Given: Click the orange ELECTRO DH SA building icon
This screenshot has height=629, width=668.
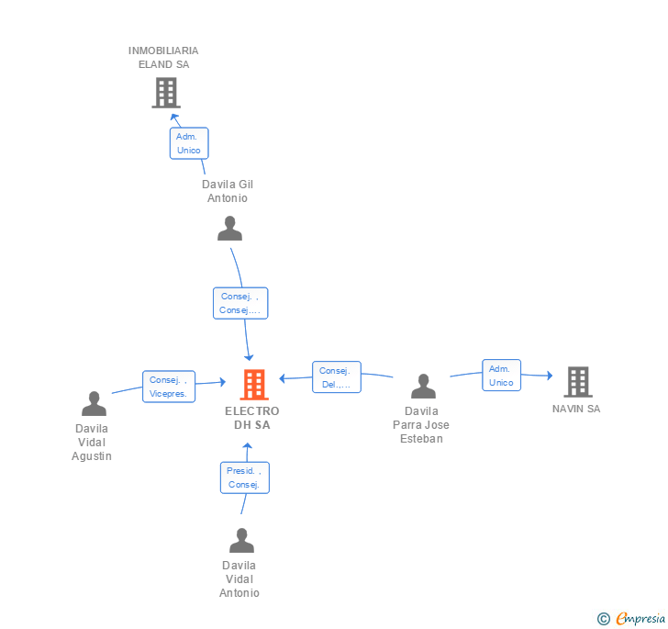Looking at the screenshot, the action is (x=254, y=384).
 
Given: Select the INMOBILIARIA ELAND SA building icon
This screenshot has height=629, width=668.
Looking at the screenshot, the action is (x=166, y=93).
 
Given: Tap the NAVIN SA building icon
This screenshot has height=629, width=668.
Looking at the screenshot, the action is (x=578, y=382).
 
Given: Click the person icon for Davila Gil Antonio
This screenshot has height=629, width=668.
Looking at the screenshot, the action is (x=229, y=228).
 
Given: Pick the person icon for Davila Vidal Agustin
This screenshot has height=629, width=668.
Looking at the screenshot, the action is (x=94, y=403).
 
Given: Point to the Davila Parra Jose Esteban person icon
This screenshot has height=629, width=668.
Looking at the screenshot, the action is (x=423, y=386).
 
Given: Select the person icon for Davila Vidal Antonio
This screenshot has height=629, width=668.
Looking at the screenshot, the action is (x=241, y=540).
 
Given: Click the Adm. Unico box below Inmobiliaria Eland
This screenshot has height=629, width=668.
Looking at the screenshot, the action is (x=189, y=143).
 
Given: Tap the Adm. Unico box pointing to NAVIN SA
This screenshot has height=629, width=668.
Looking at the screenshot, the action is (x=501, y=376).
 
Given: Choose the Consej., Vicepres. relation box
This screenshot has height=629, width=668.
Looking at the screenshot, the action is (x=169, y=387).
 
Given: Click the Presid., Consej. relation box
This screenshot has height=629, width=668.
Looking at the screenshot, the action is (x=244, y=477).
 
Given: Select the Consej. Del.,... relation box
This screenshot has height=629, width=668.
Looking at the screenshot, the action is (x=337, y=377).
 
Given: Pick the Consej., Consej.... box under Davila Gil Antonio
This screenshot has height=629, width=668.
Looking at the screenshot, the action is (x=240, y=303).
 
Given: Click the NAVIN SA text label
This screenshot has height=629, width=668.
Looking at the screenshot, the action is (x=576, y=409).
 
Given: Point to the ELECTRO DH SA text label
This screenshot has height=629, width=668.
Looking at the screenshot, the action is (x=252, y=418).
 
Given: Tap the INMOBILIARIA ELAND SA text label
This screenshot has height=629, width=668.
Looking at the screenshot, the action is (x=163, y=58).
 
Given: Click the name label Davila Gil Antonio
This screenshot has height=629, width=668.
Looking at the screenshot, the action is (x=228, y=191).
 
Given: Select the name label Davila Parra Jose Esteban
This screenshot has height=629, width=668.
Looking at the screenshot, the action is (x=421, y=425).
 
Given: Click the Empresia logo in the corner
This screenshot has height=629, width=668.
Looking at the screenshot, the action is (x=631, y=618).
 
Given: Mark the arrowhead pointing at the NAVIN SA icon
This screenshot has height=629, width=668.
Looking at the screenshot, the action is (x=550, y=376).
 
